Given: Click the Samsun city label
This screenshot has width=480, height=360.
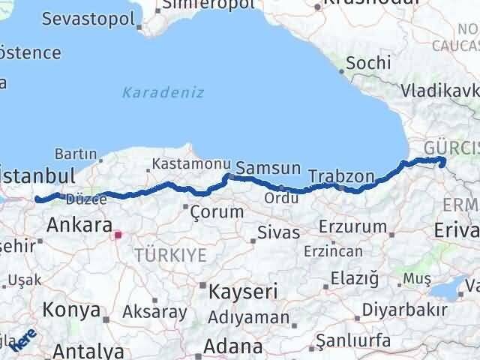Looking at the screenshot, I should pyautogui.click(x=268, y=168).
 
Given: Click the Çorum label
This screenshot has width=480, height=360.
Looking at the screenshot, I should pyautogui.click(x=217, y=211).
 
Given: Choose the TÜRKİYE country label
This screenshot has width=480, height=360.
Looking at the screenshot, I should pyautogui.click(x=169, y=256).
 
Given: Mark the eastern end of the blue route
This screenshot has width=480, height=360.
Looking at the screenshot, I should pyautogui.click(x=442, y=161).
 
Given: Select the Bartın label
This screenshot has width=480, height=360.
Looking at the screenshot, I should pyautogui.click(x=75, y=154).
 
